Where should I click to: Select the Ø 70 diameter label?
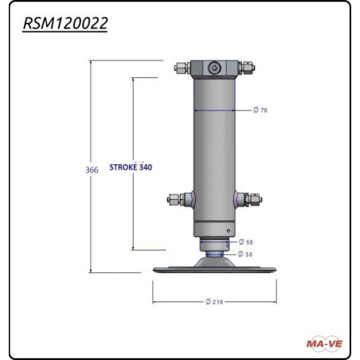pyautogui.click(x=260, y=110)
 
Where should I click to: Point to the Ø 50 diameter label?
pyautogui.click(x=248, y=242)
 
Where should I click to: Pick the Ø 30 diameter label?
pyautogui.click(x=248, y=254)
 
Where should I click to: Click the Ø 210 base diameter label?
pyautogui.click(x=213, y=302)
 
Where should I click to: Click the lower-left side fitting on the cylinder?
pyautogui.click(x=176, y=199)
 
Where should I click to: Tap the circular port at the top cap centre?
pyautogui.click(x=213, y=69)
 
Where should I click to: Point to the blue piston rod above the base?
pyautogui.click(x=213, y=254)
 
